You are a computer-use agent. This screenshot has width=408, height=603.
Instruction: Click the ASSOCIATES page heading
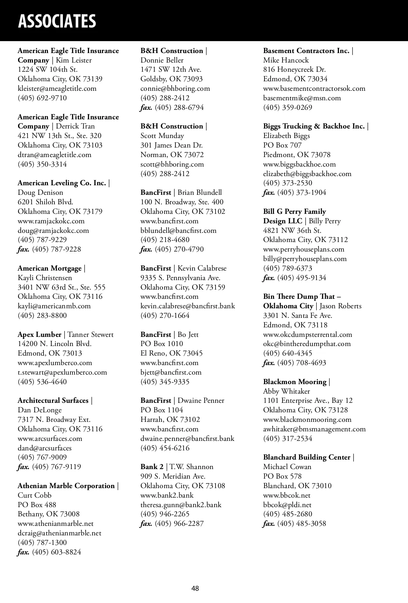57,21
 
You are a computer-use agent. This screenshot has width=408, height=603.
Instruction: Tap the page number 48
195,588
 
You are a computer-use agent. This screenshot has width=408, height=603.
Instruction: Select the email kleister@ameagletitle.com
57,88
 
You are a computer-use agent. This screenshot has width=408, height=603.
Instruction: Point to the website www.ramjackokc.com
51,221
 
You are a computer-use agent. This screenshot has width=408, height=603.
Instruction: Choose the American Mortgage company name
50,268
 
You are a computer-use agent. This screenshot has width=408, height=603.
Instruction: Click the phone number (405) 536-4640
42,381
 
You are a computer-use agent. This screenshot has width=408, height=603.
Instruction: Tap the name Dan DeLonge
40,410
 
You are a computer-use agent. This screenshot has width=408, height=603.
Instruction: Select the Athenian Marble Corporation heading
66,486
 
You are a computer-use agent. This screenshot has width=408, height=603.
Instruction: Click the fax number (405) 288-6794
179,107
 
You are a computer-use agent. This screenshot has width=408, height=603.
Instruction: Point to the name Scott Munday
162,136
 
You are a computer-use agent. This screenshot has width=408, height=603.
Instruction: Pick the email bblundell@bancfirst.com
178,230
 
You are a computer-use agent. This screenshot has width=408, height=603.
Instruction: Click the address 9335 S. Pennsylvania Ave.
180,278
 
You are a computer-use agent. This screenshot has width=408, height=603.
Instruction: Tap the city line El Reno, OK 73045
171,353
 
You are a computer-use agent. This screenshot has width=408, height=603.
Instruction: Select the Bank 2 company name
152,467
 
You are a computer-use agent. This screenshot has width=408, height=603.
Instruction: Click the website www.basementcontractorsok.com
314,88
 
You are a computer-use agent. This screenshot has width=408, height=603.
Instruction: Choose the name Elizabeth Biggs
287,136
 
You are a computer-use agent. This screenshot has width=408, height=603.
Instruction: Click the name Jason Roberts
341,306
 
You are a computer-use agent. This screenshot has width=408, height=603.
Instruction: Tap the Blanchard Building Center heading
307,457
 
